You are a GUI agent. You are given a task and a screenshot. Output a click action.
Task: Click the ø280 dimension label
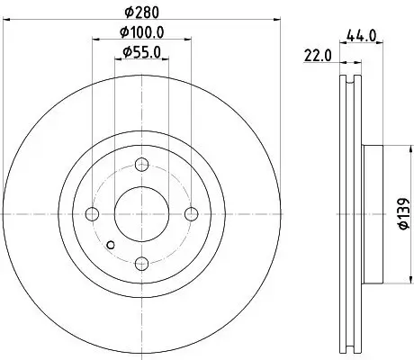pos(140,13)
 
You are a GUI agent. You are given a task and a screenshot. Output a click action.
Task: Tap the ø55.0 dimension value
pos(141,52)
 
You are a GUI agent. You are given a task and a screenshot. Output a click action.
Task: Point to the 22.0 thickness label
pos(319,55)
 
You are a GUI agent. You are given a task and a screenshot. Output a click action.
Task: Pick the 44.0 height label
pos(360,36)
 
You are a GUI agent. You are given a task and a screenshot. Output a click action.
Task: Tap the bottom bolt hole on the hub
pos(141,263)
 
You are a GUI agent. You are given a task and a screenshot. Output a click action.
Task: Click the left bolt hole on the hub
pos(92,213)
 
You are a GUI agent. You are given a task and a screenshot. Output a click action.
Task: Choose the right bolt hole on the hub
pos(191,213)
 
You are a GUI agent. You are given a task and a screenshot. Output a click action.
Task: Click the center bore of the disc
pos(141,213)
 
